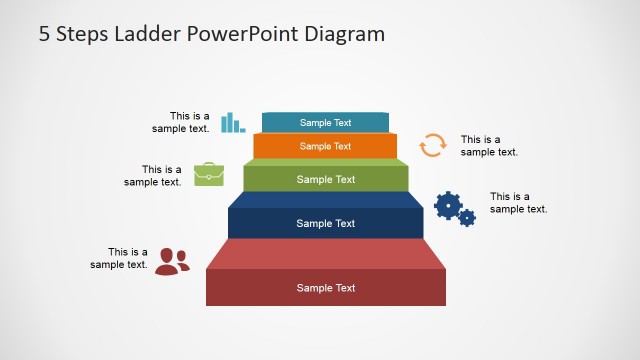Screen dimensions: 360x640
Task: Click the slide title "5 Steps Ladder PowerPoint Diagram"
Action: point(211,34)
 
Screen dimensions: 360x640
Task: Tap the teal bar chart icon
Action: point(232,122)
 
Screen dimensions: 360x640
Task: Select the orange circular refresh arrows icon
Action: point(432,145)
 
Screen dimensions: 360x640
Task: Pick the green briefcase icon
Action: point(209,174)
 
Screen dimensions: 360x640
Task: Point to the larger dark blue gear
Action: point(448,205)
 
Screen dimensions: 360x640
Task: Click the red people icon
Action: point(172,261)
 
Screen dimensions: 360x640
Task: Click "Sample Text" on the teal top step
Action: point(326,123)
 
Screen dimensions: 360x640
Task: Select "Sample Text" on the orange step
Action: point(326,146)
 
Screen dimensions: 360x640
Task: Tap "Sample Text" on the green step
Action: point(326,180)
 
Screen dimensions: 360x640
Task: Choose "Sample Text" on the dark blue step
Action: point(326,223)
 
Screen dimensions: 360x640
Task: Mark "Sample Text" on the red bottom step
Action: point(326,288)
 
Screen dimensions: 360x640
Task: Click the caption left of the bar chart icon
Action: point(181,122)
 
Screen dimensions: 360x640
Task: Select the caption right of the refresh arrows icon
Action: point(489,146)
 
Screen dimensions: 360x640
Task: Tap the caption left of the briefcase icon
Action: point(153,176)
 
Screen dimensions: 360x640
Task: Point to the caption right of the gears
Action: point(518,203)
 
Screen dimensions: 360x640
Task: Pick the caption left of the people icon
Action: point(119,258)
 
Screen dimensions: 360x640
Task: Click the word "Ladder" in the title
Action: point(143,34)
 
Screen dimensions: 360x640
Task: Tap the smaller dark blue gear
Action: point(467,217)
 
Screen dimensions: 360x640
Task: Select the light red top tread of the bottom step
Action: point(326,253)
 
